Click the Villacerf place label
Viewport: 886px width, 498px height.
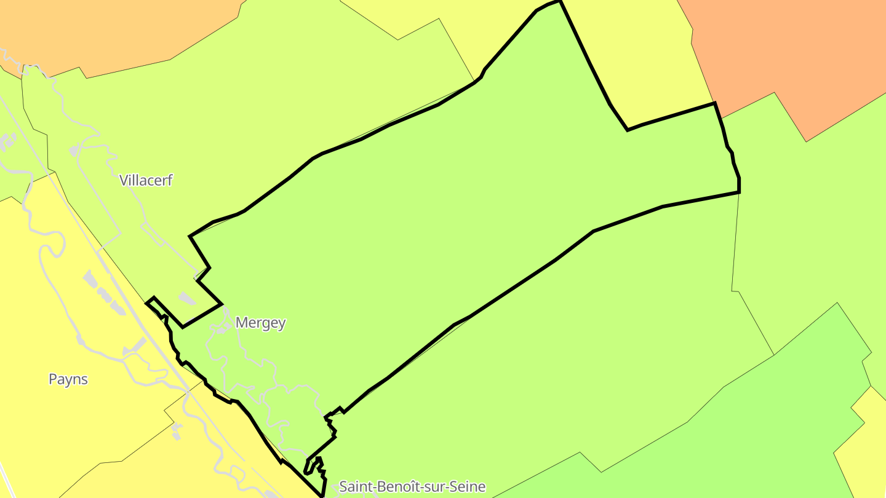pos(146,180)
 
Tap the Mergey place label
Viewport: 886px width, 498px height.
pos(260,322)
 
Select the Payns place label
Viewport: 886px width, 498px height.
pos(68,379)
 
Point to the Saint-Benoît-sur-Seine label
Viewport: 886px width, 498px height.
pos(412,487)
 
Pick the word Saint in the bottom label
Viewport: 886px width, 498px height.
pos(355,487)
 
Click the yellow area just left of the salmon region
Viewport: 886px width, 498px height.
pos(640,61)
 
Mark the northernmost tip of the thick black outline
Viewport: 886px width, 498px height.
pos(560,1)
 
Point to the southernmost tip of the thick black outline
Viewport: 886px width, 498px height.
pos(322,495)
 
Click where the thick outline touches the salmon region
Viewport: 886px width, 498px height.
pos(714,103)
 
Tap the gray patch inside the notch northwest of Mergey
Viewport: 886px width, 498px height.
pos(186,299)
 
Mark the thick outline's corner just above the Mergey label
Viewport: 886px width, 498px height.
pos(221,304)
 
